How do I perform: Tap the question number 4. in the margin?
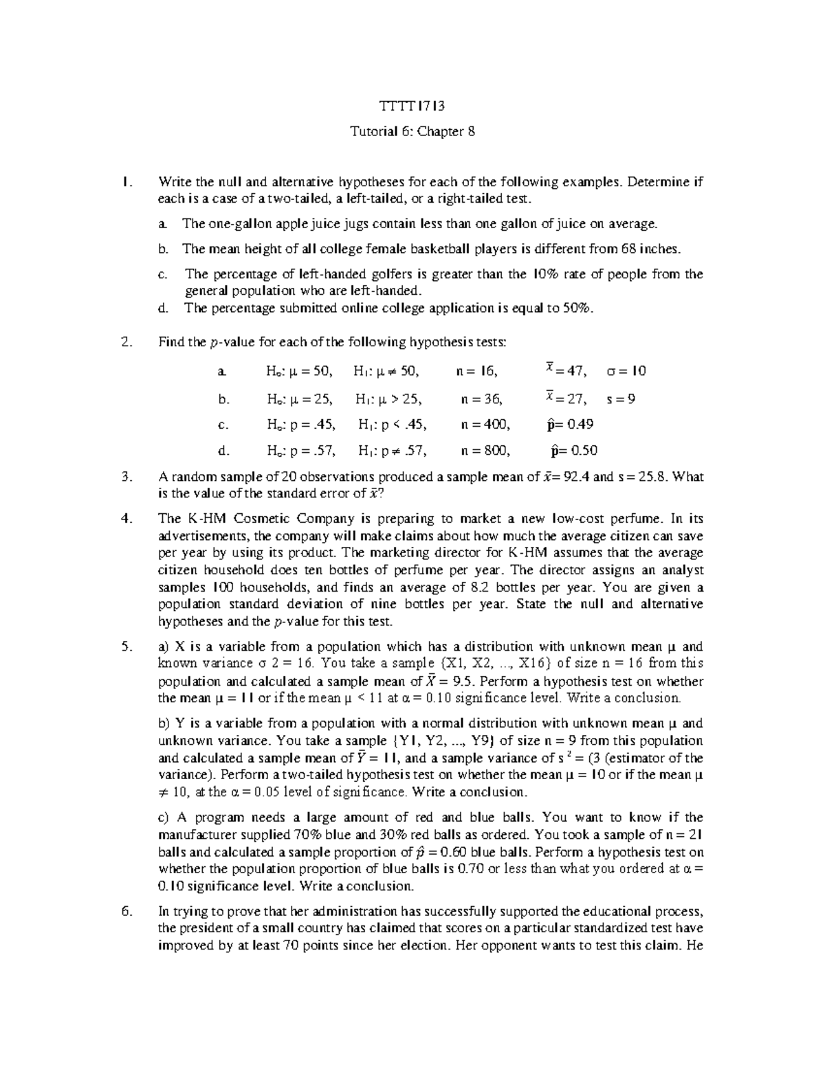pos(125,519)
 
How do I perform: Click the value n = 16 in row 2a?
pos(476,372)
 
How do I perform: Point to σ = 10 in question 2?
pos(626,372)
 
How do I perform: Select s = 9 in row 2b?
pos(621,398)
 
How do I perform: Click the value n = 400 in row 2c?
pos(485,425)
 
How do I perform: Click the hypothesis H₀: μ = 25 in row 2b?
pos(299,398)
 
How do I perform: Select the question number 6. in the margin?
pos(125,912)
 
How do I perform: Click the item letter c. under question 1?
pos(162,275)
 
